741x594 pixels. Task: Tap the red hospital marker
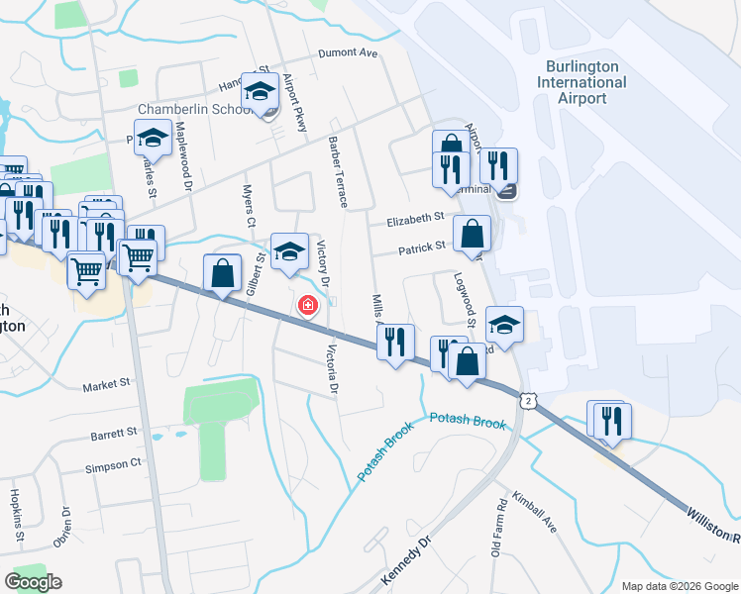308,306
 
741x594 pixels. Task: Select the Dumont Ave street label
349,54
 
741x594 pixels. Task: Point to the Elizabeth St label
416,219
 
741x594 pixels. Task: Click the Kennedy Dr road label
407,560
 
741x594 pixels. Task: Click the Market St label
106,384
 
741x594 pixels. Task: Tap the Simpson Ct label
113,465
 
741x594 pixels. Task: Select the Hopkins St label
16,514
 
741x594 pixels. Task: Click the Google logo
33,582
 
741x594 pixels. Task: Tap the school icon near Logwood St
504,326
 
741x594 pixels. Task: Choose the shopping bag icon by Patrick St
473,236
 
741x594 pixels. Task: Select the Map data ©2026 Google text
678,586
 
